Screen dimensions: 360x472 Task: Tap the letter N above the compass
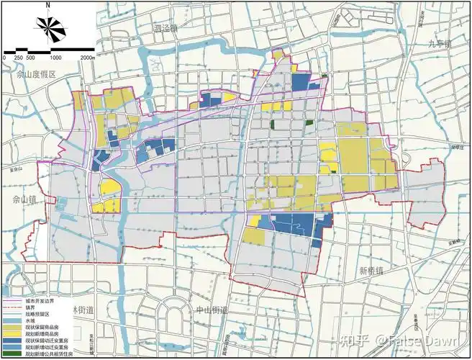47,4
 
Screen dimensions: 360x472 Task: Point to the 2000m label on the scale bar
87,57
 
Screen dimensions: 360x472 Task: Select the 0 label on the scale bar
4,57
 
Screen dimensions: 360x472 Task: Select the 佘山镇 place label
15,195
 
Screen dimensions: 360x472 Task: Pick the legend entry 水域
31,321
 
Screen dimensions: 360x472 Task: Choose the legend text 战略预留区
37,315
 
